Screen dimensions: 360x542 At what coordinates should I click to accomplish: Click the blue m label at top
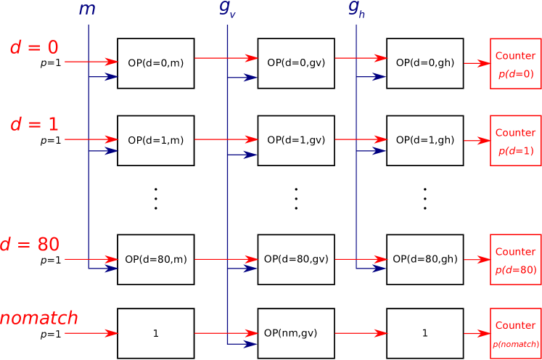point(87,10)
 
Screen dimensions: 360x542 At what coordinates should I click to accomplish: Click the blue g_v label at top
point(227,10)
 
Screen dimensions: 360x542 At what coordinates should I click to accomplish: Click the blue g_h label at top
point(356,9)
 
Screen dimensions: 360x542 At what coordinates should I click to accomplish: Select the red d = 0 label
point(34,48)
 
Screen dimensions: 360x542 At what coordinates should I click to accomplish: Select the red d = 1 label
point(34,125)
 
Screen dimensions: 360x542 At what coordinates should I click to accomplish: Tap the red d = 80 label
point(30,245)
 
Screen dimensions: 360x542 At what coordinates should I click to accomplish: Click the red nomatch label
point(38,318)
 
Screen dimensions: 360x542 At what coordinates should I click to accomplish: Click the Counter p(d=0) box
point(515,64)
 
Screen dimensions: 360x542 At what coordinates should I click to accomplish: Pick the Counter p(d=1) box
point(515,141)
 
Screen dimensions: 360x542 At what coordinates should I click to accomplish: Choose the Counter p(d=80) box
point(515,260)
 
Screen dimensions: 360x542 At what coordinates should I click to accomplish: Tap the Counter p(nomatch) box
point(515,333)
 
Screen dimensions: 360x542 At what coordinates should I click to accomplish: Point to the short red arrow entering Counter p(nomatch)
point(477,334)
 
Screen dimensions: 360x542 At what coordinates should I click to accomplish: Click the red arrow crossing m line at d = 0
point(91,62)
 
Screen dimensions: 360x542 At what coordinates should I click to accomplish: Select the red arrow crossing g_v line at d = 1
point(226,139)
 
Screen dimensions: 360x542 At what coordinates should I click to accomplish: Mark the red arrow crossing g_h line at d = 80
point(361,259)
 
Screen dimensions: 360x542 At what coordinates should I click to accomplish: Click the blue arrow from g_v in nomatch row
point(242,344)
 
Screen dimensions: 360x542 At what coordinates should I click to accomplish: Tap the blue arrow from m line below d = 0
point(103,76)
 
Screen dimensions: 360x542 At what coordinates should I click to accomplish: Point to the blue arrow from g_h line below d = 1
point(371,150)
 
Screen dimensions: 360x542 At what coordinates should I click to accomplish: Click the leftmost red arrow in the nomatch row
point(91,333)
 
